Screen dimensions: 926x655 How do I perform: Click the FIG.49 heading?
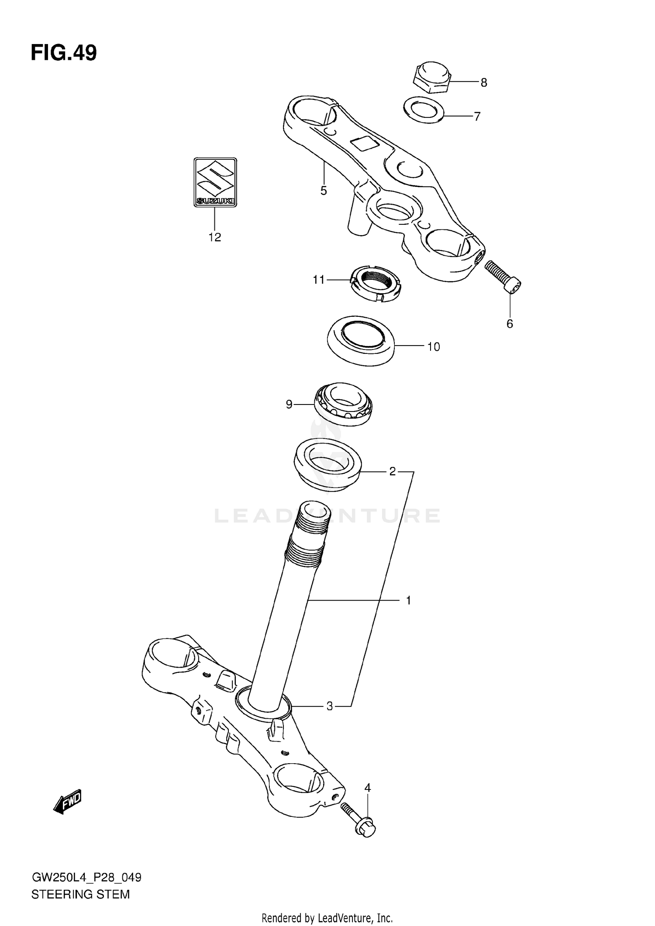point(64,53)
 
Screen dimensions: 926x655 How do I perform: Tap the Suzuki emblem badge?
point(215,182)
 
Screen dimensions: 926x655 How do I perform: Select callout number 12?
point(215,237)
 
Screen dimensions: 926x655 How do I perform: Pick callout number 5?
point(324,191)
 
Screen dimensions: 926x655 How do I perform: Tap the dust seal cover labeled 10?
point(361,340)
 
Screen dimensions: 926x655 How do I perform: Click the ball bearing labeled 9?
point(343,404)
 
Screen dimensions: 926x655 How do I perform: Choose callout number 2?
point(392,471)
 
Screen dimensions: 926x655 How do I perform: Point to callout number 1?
point(408,601)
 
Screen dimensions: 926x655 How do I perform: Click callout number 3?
point(330,706)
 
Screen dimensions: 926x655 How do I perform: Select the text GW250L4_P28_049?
point(86,878)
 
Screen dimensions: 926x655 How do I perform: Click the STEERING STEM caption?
point(81,895)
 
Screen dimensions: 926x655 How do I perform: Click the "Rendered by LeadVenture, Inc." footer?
point(327,918)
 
